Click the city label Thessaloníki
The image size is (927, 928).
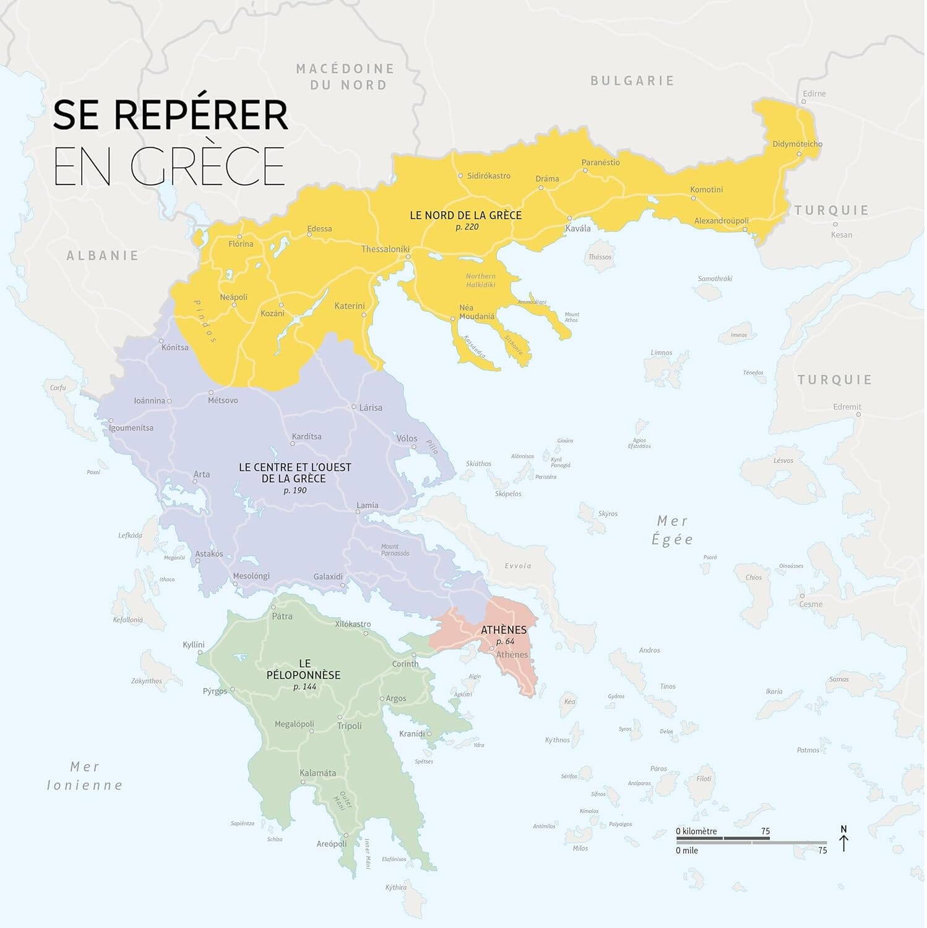click(386, 249)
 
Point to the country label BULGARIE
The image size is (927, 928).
click(632, 80)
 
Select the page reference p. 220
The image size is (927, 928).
click(467, 227)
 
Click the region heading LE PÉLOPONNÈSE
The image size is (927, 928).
click(303, 669)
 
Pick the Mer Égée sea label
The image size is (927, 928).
click(672, 530)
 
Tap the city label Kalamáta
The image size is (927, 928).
click(317, 773)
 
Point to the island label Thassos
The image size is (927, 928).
click(600, 257)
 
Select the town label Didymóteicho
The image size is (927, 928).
click(797, 144)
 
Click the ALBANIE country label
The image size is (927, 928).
click(103, 256)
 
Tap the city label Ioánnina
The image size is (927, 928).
click(150, 400)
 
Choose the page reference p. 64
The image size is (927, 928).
click(505, 642)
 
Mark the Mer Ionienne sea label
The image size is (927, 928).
click(85, 776)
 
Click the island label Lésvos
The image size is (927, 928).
click(783, 460)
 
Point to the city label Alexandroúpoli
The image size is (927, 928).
click(721, 221)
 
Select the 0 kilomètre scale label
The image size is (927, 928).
click(696, 831)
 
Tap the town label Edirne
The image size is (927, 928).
click(814, 93)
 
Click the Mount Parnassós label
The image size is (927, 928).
click(395, 549)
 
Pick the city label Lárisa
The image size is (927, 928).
click(371, 408)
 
